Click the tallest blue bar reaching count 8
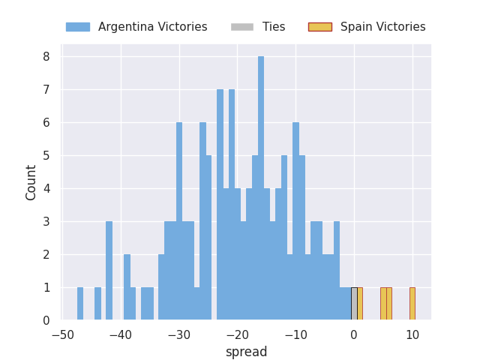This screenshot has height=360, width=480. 261,188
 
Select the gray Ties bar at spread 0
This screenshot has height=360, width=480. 354,304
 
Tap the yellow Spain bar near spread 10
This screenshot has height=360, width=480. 412,304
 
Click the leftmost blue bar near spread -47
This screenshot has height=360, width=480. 80,304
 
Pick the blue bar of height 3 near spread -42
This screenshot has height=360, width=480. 109,271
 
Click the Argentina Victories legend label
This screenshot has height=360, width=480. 153,27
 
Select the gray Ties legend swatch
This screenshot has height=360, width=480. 242,27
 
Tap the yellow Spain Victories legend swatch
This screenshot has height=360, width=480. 320,27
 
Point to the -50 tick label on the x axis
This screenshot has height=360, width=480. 63,335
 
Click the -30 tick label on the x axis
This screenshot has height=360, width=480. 179,335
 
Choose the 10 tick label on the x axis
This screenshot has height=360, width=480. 412,335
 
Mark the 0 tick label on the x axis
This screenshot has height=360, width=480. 354,335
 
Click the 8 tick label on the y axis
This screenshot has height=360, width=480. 46,57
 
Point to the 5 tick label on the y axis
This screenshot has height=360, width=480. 46,156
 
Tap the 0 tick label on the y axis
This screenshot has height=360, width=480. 46,320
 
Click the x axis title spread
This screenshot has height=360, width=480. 247,352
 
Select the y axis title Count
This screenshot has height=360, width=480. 31,183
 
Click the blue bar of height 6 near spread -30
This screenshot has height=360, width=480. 179,221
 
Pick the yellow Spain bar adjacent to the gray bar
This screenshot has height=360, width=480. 360,304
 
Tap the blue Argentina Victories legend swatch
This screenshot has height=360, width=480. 78,27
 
